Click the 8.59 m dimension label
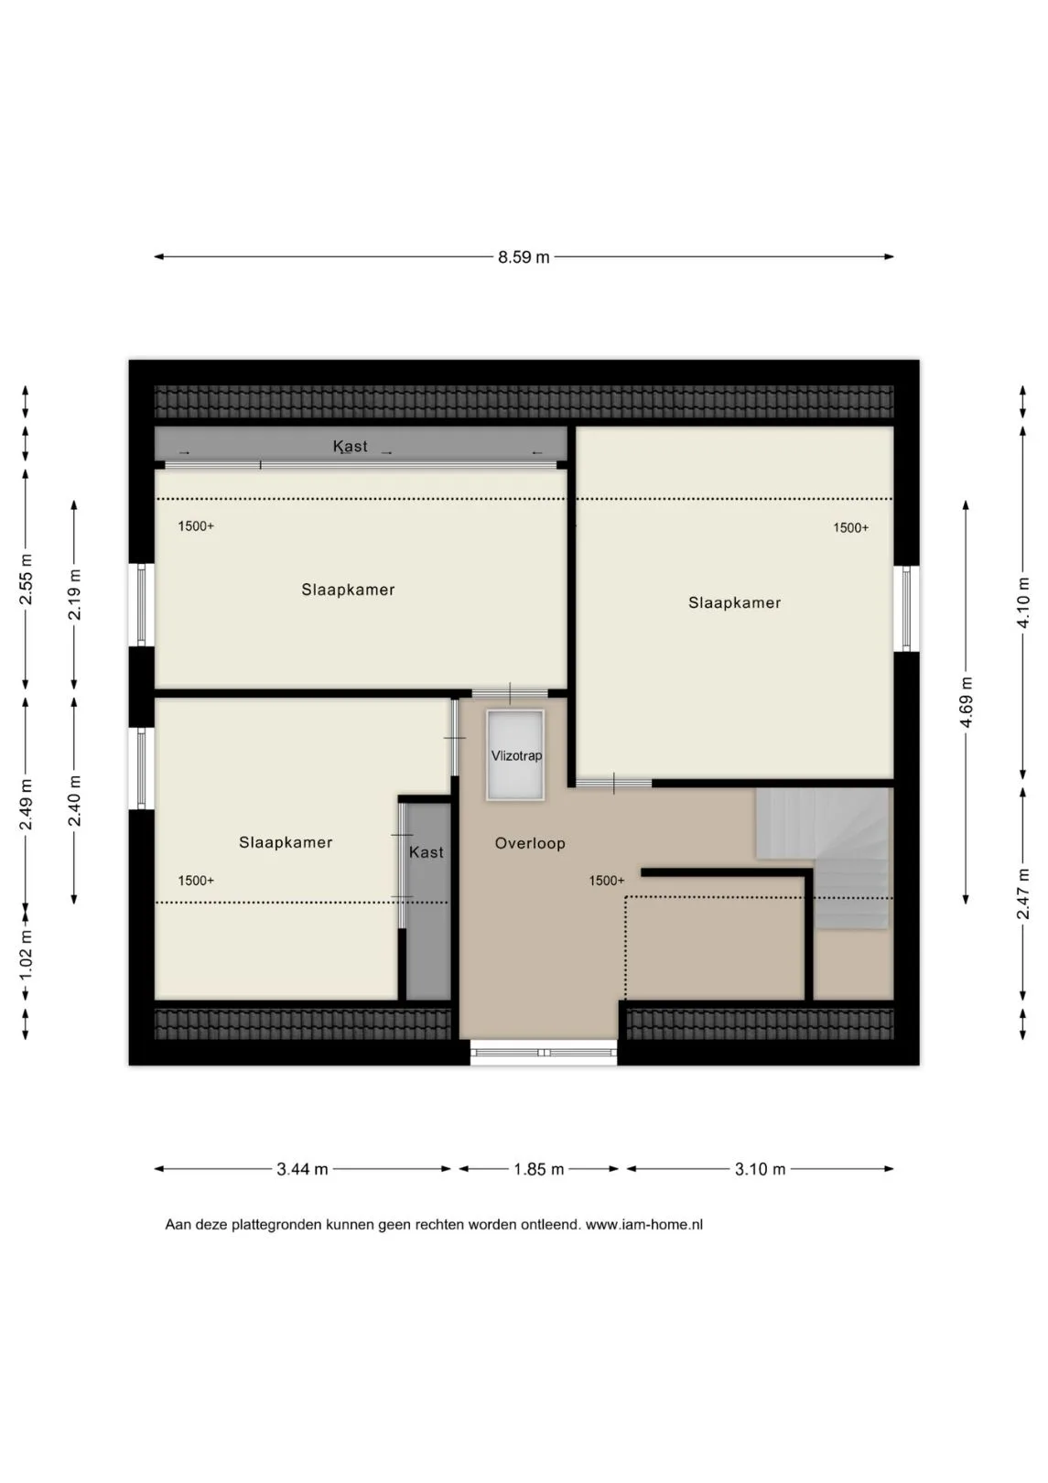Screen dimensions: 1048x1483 click(524, 257)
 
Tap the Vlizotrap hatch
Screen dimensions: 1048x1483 click(515, 754)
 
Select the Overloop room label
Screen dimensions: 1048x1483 click(530, 843)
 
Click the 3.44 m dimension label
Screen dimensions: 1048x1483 click(303, 1169)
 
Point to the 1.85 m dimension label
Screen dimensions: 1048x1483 click(539, 1169)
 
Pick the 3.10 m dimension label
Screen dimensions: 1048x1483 click(760, 1169)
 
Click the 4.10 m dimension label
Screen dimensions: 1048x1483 click(1023, 603)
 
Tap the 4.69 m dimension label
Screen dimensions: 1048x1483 click(967, 702)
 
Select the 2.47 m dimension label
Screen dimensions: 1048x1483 click(1023, 893)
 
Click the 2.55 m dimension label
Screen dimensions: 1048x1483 click(26, 579)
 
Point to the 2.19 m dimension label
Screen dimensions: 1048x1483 click(74, 594)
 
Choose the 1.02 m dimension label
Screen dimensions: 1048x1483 click(26, 956)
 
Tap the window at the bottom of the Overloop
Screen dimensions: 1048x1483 click(544, 1052)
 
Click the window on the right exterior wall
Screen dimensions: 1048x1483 click(906, 609)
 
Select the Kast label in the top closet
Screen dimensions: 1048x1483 click(350, 446)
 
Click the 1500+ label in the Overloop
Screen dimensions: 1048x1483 click(607, 881)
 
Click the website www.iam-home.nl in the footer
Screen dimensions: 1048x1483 click(644, 1225)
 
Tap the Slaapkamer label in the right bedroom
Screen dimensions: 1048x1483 click(734, 602)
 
